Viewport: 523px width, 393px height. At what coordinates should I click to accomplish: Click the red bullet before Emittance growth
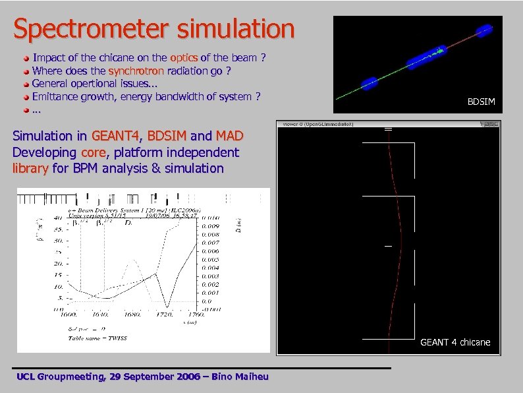coord(26,98)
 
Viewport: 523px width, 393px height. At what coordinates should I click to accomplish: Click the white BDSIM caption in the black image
coord(481,102)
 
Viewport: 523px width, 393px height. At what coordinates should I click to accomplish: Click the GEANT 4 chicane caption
coord(455,342)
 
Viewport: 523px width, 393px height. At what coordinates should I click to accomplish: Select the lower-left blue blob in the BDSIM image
coord(369,82)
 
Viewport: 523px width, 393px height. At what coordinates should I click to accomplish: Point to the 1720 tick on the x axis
coord(168,315)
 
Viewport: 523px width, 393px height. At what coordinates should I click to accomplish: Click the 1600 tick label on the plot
coord(68,315)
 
